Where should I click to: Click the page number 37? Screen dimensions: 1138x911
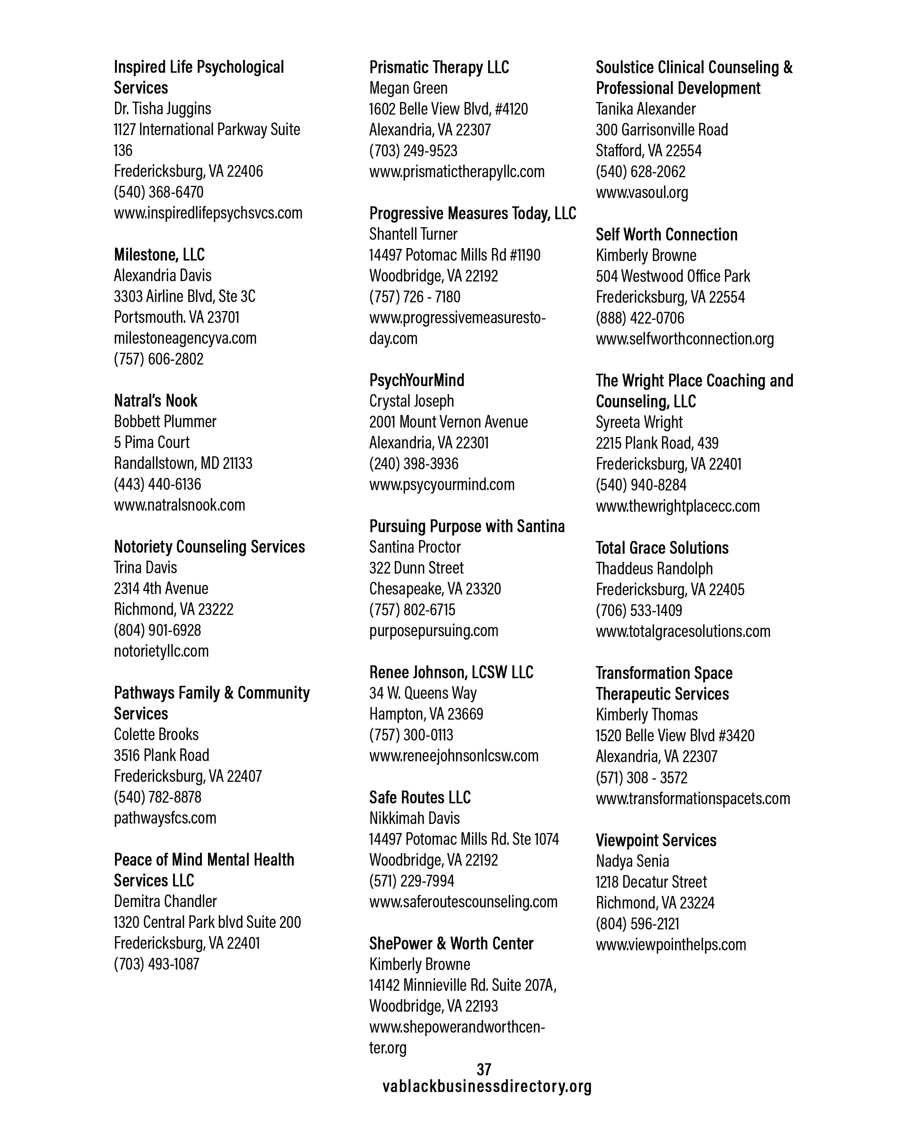484,1069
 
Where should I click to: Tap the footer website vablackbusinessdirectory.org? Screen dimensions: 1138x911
487,1086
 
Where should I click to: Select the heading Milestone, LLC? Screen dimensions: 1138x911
159,255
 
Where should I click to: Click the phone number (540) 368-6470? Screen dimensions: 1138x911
158,192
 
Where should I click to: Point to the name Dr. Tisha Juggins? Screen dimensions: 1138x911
162,108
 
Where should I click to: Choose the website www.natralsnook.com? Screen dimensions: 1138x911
180,505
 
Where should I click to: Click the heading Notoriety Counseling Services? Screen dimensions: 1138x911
209,546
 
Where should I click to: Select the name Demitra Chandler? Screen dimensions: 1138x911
165,901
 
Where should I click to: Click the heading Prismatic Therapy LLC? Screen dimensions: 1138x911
439,67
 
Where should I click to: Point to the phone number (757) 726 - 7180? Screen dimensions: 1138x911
415,297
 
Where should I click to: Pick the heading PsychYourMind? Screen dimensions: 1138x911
417,380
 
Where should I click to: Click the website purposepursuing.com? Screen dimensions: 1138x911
433,630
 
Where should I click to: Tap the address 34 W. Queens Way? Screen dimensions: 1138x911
422,693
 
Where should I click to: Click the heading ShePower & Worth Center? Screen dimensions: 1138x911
451,943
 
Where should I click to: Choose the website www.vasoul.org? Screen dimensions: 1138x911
641,192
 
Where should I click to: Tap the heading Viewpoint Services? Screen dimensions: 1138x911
656,840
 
